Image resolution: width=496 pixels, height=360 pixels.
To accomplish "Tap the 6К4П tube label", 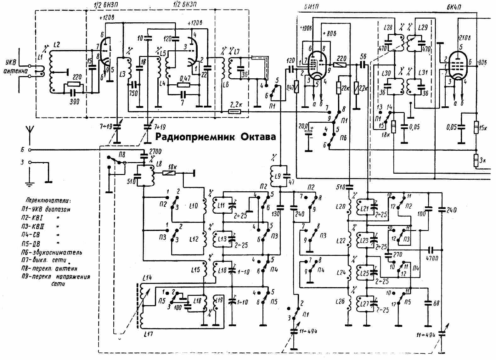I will pyautogui.click(x=454, y=7).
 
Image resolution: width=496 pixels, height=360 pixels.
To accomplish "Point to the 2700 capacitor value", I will pyautogui.click(x=155, y=152).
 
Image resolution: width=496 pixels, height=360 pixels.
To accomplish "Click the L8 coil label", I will pyautogui.click(x=159, y=164).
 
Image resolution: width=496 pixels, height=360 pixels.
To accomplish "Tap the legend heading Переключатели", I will pyautogui.click(x=48, y=200).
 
